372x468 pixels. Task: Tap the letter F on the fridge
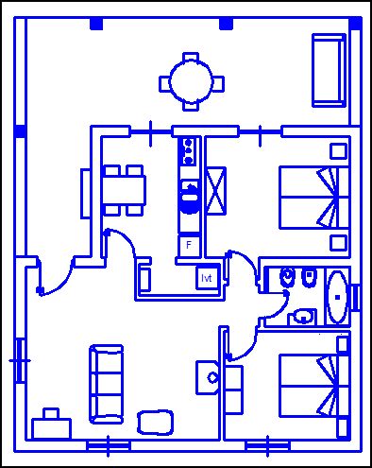click(189, 245)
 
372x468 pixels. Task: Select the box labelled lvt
click(207, 278)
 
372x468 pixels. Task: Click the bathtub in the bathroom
click(337, 297)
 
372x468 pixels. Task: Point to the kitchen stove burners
click(189, 151)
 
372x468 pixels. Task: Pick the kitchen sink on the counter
click(190, 198)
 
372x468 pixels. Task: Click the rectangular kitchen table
click(124, 191)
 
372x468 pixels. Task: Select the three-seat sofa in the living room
click(107, 384)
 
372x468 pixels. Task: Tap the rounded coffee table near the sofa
click(155, 423)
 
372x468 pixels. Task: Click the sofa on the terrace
click(329, 71)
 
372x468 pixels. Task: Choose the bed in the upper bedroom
click(314, 198)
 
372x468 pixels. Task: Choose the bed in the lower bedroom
click(314, 385)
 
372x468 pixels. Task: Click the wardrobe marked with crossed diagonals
click(216, 191)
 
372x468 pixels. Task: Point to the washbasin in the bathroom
click(302, 316)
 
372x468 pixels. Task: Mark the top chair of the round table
click(192, 57)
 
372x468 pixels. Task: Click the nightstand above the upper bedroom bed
click(339, 151)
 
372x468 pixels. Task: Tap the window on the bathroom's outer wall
click(356, 297)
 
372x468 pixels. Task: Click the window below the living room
click(109, 446)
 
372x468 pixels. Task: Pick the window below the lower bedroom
click(267, 446)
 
